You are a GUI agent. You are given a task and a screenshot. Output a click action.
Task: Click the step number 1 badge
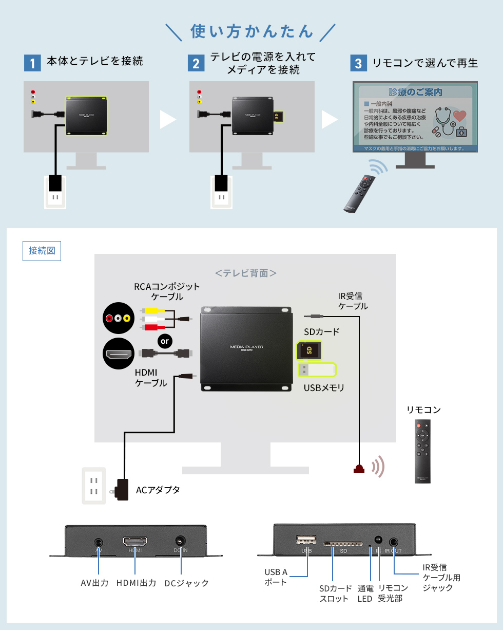[x=32, y=63]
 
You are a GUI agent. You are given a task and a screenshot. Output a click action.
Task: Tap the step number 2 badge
[x=196, y=63]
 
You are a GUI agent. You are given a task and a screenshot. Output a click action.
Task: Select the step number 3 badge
[x=358, y=63]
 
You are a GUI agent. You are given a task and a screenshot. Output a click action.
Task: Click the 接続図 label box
[x=42, y=251]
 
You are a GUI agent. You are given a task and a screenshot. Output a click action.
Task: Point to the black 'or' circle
[x=165, y=341]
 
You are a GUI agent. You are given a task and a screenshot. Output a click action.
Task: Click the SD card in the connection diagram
[x=309, y=350]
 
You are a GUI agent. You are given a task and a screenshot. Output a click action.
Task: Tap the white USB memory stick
[x=317, y=370]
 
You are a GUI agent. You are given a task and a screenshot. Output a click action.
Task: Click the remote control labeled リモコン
[x=422, y=451]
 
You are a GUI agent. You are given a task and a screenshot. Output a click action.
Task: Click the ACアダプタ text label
[x=158, y=490]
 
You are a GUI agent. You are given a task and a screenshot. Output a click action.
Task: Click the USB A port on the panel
[x=306, y=540]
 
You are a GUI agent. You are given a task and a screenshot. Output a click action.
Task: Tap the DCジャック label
[x=187, y=583]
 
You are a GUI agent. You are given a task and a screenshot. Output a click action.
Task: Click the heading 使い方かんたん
[x=252, y=31]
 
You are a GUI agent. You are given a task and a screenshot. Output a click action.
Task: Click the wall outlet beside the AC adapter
[x=94, y=486]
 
